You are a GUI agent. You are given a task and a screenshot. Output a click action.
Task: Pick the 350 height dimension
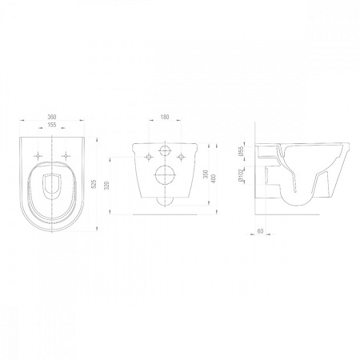pyautogui.click(x=205, y=174)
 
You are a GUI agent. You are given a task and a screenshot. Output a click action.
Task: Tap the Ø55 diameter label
pyautogui.click(x=241, y=152)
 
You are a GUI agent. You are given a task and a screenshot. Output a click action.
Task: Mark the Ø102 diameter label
pyautogui.click(x=241, y=177)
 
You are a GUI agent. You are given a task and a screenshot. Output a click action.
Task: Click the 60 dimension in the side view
pyautogui.click(x=261, y=230)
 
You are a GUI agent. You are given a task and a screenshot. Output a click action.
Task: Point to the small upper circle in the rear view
pyautogui.click(x=166, y=152)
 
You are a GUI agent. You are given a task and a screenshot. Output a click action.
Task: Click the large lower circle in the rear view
pyautogui.click(x=166, y=177)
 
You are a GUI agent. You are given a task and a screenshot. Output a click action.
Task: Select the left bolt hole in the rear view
pyautogui.click(x=149, y=156)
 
